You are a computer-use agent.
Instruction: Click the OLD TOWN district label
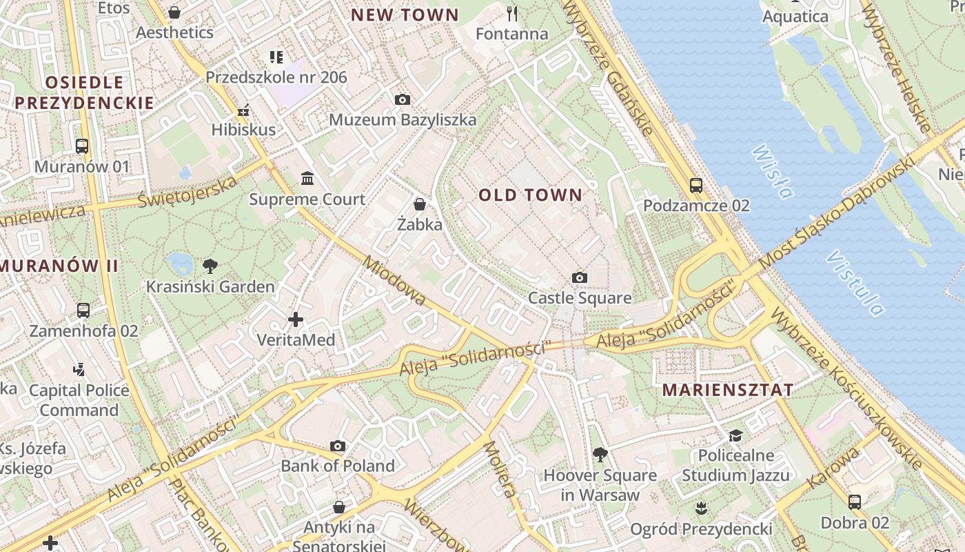[531, 195]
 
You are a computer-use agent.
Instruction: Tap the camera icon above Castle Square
[580, 277]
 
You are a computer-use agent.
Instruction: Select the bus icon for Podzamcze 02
[696, 186]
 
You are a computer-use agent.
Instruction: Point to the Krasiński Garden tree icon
[210, 266]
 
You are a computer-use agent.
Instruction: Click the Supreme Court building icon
[307, 179]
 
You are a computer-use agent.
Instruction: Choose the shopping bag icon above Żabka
[419, 204]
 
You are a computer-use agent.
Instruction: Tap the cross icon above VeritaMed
[296, 319]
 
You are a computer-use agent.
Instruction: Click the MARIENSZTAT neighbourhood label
[728, 390]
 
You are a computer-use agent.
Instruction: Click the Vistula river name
[854, 282]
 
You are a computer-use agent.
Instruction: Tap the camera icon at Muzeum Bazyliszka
[403, 100]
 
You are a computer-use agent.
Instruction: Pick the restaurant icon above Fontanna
[512, 13]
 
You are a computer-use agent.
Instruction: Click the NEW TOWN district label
[405, 14]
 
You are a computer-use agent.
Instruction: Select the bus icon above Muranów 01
[82, 146]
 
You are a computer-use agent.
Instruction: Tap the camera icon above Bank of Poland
[338, 446]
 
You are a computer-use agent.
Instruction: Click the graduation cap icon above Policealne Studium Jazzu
[735, 435]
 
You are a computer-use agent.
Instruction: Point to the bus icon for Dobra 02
[855, 502]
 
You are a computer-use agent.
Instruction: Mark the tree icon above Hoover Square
[600, 455]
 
